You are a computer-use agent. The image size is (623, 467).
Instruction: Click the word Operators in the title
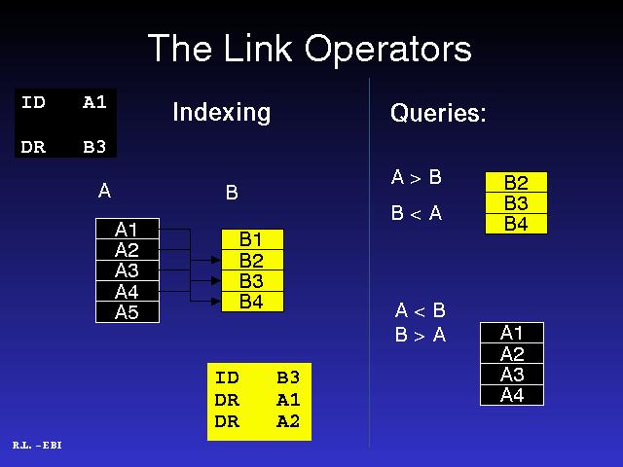pos(388,50)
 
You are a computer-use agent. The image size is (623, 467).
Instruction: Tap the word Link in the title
pos(258,48)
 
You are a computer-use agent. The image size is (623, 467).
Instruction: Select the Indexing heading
pos(222,113)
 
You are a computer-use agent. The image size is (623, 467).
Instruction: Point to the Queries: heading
pos(438,113)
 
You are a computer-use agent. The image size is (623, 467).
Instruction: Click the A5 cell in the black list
pos(128,312)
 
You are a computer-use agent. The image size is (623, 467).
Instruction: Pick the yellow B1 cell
pos(252,239)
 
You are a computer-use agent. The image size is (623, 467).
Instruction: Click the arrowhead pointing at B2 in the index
pos(216,260)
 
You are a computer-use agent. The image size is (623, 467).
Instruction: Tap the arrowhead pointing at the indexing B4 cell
pos(216,302)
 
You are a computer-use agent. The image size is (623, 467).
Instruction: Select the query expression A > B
pos(416,177)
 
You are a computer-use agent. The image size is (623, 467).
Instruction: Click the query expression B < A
pos(417,213)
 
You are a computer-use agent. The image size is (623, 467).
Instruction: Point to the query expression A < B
pos(420,310)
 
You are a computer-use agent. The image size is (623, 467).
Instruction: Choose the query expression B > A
pos(420,335)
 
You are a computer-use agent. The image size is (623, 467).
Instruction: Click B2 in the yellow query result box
pos(516,183)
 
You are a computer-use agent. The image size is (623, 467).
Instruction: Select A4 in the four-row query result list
pos(512,395)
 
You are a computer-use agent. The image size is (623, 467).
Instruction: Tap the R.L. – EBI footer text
pos(37,446)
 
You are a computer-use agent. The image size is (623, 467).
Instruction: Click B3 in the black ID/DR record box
pos(94,147)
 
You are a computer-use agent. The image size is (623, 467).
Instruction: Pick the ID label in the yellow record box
pos(227,377)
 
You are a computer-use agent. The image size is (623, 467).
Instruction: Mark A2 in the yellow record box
pos(288,421)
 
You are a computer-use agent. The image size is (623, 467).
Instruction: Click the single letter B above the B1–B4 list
pos(232,193)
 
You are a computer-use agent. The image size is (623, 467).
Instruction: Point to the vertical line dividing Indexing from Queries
pos(370,263)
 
